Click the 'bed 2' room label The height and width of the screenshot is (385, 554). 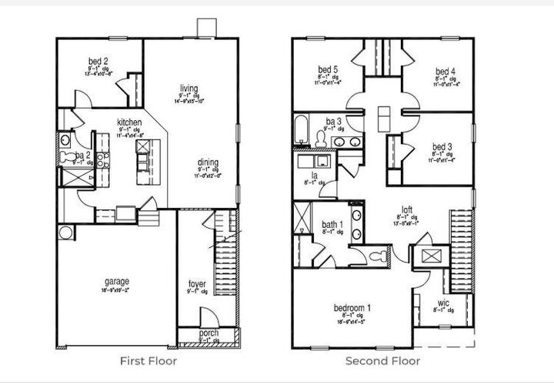pyautogui.click(x=96, y=62)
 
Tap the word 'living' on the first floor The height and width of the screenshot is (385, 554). pyautogui.click(x=189, y=88)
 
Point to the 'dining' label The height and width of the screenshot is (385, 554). pyautogui.click(x=208, y=162)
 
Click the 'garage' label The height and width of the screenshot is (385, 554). pyautogui.click(x=118, y=281)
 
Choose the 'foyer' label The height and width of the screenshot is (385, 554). pyautogui.click(x=197, y=284)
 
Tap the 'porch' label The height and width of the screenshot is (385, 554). pyautogui.click(x=199, y=333)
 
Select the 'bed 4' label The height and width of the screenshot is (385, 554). pyautogui.click(x=445, y=72)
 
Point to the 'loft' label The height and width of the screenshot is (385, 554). pyautogui.click(x=407, y=209)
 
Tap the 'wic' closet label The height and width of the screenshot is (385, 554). pyautogui.click(x=443, y=303)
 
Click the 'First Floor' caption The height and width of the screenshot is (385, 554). pyautogui.click(x=149, y=360)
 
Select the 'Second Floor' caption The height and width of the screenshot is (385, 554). pyautogui.click(x=382, y=360)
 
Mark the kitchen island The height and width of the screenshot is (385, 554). pyautogui.click(x=143, y=162)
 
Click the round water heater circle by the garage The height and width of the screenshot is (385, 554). pyautogui.click(x=65, y=232)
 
